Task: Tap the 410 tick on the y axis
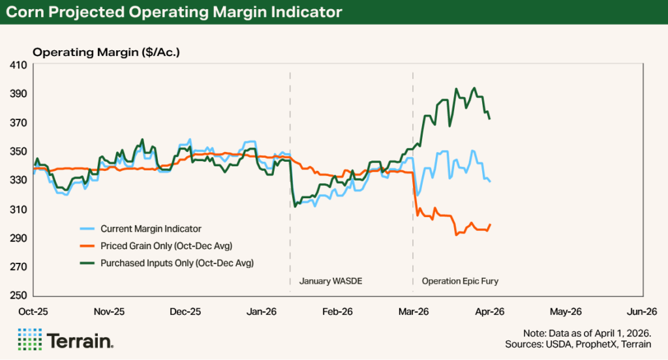(x=18, y=65)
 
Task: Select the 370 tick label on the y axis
(x=18, y=123)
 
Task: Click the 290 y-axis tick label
(x=18, y=238)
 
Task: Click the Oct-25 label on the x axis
(x=32, y=311)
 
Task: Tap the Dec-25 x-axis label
(x=185, y=311)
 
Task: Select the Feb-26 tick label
(x=337, y=311)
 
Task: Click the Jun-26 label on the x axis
(x=642, y=311)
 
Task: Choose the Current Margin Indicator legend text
(x=151, y=229)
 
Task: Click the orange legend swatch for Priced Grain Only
(x=84, y=247)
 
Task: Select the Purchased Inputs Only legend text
(x=177, y=263)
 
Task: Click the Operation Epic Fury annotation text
(x=461, y=282)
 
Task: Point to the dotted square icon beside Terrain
(x=29, y=340)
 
